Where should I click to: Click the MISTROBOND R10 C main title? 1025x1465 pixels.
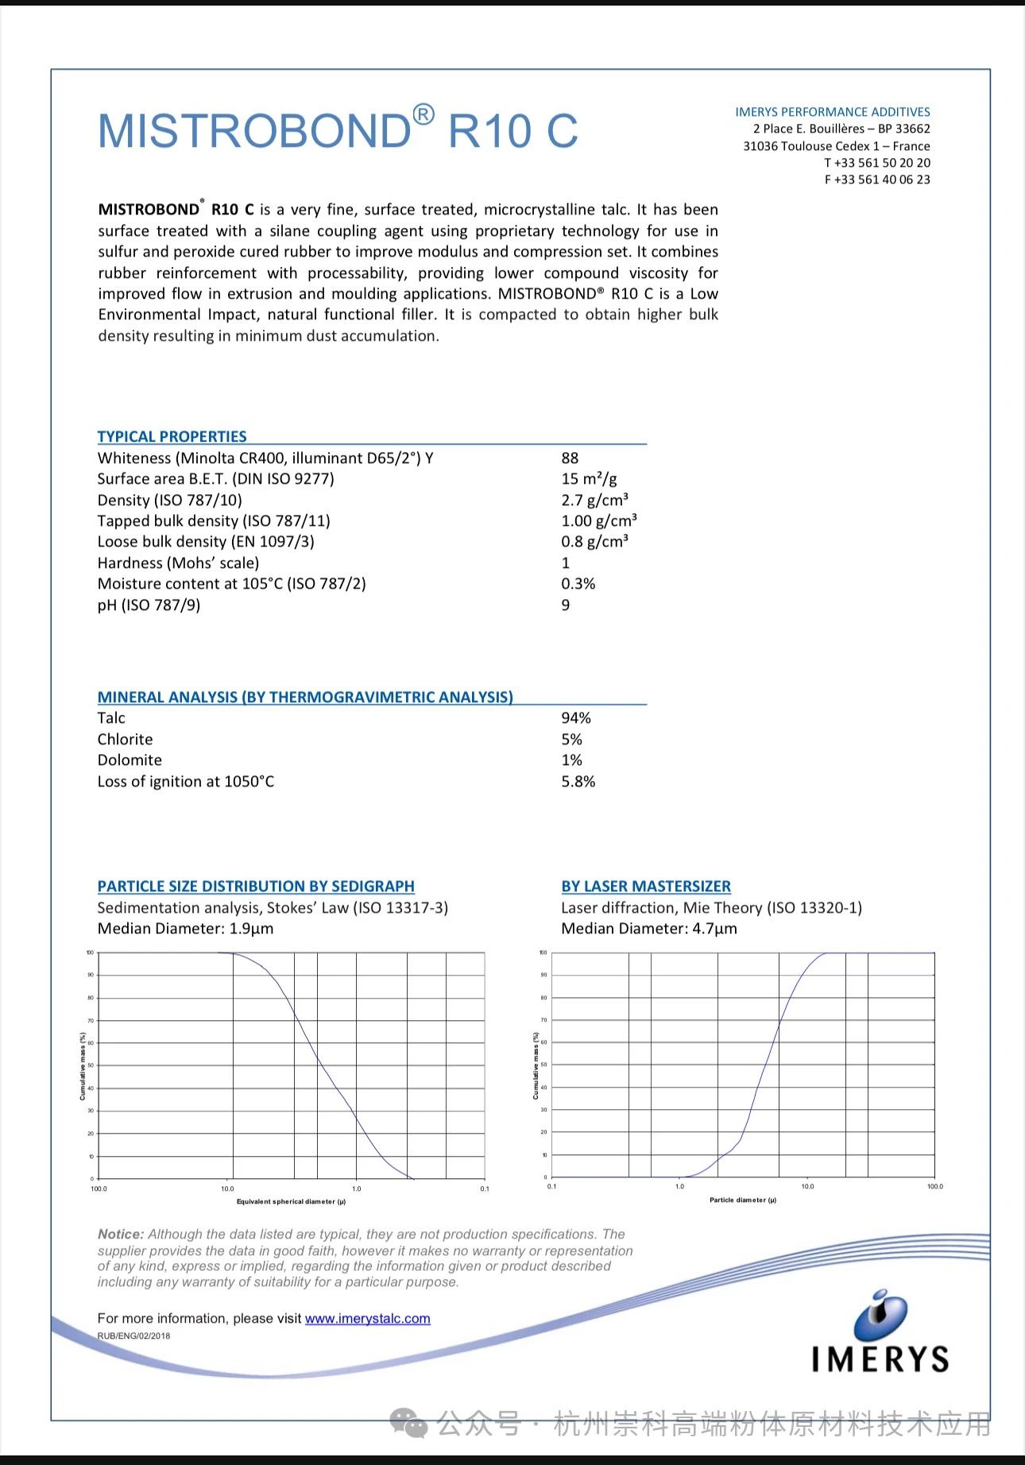338,131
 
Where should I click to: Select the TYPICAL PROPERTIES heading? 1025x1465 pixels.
172,436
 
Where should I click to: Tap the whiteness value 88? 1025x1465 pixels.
570,458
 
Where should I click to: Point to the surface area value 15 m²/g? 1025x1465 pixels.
589,479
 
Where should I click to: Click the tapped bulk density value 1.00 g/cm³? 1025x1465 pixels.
598,521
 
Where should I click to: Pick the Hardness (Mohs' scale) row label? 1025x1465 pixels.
178,563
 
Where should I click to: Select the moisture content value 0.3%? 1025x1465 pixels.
578,584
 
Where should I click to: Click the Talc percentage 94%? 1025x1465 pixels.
575,718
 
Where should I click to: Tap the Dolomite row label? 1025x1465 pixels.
130,760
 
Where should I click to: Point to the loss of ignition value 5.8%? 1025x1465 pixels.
578,782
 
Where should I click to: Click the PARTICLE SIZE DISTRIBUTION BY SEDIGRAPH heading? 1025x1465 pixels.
256,887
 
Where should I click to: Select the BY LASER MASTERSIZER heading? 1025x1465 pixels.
645,887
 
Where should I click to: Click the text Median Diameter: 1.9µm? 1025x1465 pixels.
185,929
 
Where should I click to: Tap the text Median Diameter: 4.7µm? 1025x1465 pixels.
648,929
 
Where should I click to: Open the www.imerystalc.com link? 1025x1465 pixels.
367,1319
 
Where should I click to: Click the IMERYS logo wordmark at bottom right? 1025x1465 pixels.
880,1359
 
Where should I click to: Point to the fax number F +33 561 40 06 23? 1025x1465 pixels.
877,180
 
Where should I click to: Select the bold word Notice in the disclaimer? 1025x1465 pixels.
120,1235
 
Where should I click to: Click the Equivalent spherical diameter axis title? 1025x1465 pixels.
291,1201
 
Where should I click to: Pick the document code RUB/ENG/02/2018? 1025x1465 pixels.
133,1336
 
